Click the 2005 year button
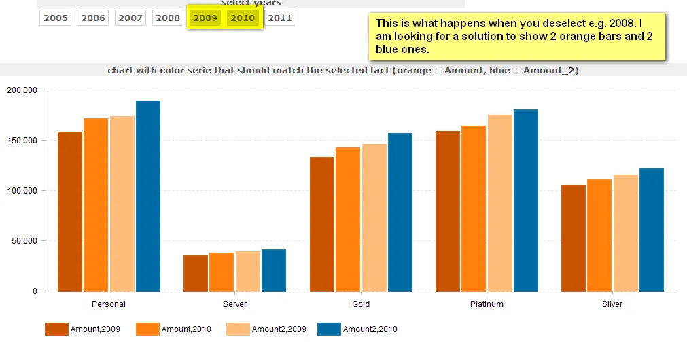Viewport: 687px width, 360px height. (x=56, y=18)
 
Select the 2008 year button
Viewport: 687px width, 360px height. (x=168, y=18)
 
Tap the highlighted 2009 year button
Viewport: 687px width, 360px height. (x=205, y=18)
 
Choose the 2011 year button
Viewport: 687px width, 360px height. (x=280, y=18)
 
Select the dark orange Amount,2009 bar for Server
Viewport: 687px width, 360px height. (x=196, y=273)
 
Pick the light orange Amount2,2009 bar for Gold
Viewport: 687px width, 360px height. (x=374, y=217)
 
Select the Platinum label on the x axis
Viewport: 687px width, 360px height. (x=487, y=304)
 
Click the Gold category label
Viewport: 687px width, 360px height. (x=361, y=304)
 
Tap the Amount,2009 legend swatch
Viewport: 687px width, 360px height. (x=56, y=329)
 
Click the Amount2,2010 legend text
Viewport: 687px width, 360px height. (x=370, y=329)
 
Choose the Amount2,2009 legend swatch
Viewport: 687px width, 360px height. (x=238, y=329)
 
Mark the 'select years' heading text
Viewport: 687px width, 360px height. (x=251, y=3)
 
